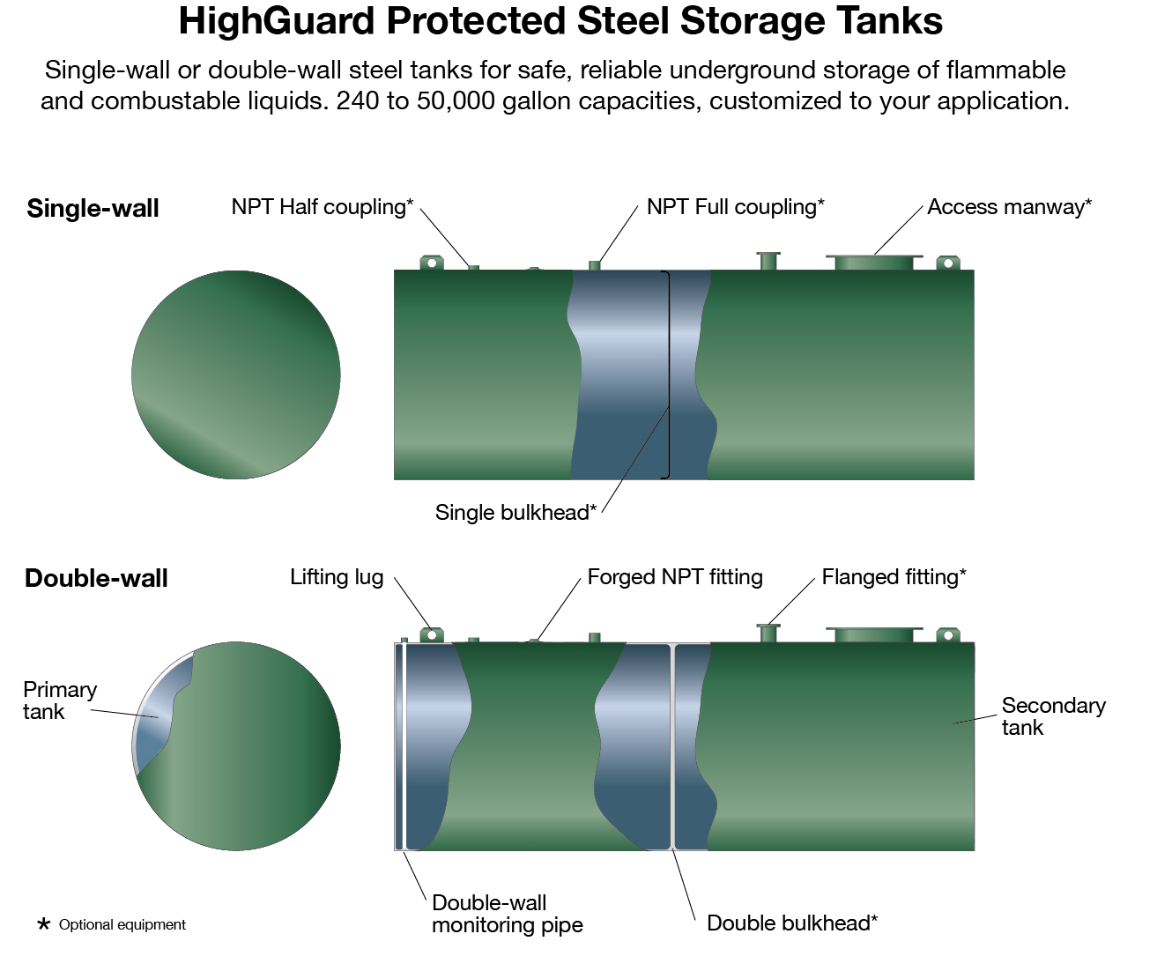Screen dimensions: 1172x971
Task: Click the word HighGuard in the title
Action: tap(276, 21)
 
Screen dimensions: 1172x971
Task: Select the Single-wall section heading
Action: tap(93, 208)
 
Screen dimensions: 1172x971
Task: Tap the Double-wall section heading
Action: tap(96, 578)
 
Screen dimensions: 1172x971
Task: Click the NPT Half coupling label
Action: tap(323, 207)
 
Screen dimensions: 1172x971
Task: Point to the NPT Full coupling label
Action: tap(735, 207)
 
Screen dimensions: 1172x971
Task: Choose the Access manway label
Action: tap(1009, 207)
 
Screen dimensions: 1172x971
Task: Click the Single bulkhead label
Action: tap(516, 513)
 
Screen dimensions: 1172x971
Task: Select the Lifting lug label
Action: tap(337, 577)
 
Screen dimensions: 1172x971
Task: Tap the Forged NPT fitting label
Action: tap(675, 577)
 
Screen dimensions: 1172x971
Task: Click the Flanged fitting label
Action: tap(894, 577)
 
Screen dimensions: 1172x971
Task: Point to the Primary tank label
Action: tap(60, 700)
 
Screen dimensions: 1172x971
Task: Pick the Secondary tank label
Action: tap(1054, 716)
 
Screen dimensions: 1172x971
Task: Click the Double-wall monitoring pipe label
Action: tap(508, 914)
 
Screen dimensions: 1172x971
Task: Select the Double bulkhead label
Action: tap(792, 923)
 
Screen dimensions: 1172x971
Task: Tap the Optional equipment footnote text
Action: tap(122, 925)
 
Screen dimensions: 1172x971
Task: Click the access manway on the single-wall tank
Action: tap(874, 262)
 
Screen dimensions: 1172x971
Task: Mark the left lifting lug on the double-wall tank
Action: tap(432, 634)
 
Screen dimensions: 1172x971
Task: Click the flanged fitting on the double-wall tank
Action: tap(768, 633)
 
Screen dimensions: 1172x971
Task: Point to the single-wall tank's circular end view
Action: tap(236, 375)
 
